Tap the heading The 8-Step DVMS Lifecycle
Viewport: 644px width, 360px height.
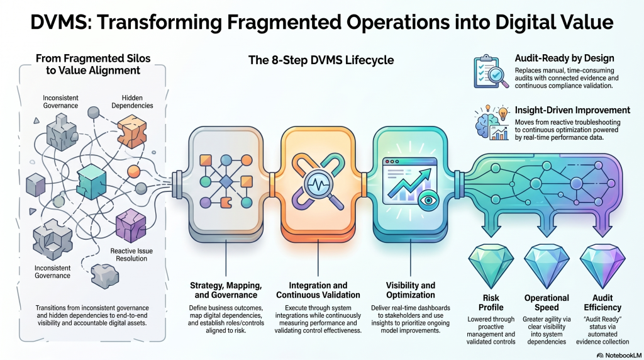321,60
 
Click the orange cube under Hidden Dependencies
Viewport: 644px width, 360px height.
131,133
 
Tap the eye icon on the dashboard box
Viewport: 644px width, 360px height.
430,202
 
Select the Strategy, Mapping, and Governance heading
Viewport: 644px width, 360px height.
226,290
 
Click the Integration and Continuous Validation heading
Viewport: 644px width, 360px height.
318,290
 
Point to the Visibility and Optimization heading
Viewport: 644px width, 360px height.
410,290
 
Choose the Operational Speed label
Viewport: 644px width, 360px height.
546,303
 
